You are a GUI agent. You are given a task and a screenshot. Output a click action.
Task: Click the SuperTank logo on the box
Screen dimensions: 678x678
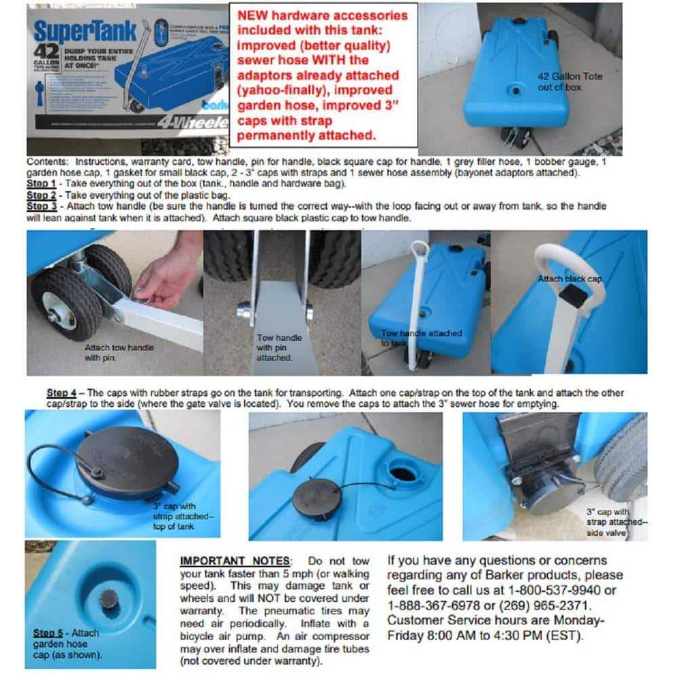tap(85, 31)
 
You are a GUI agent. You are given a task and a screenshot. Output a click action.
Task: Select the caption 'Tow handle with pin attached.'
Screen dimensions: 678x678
tap(279, 347)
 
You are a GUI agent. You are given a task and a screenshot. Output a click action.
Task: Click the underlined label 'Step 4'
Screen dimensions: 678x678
tap(61, 393)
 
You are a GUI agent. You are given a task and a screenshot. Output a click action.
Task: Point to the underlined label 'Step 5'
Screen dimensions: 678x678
tap(47, 633)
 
